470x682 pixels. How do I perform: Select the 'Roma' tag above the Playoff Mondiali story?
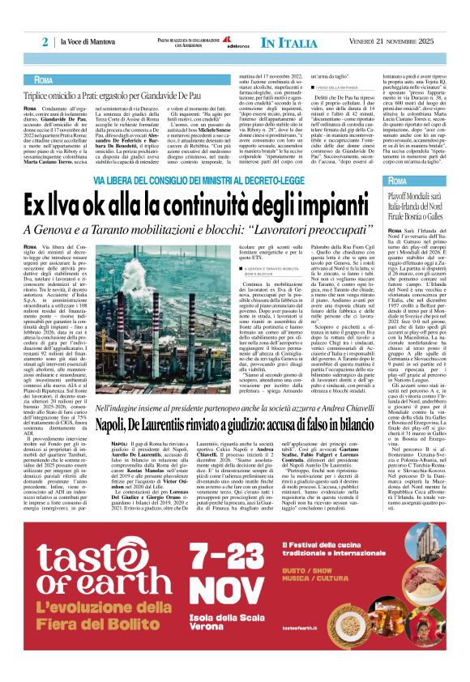click(399, 180)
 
